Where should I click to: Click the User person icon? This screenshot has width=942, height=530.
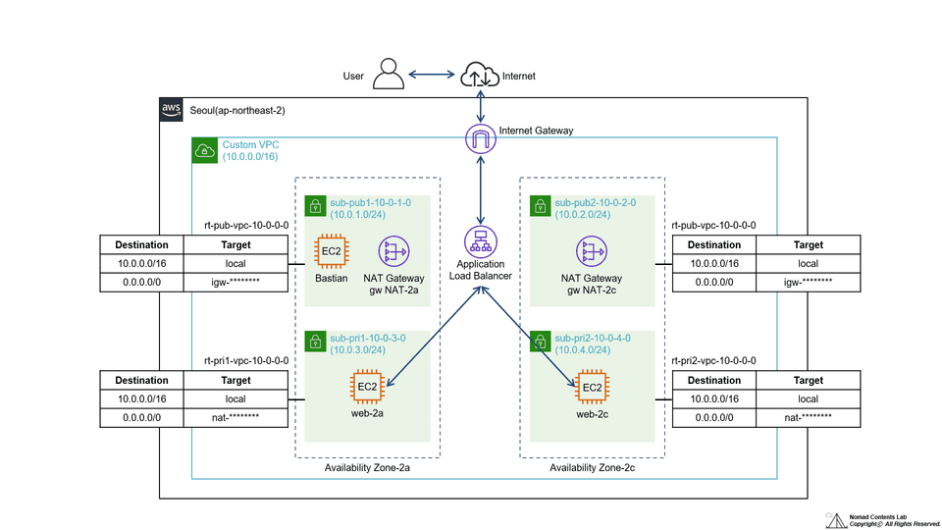[390, 76]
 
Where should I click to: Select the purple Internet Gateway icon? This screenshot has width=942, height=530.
[480, 139]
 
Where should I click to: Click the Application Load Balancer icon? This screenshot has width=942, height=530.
[480, 240]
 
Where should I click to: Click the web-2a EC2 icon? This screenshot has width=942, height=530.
[367, 387]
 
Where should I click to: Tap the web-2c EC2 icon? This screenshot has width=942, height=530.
[592, 387]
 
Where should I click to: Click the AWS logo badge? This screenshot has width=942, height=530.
[171, 110]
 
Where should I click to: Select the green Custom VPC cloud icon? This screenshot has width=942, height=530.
[204, 150]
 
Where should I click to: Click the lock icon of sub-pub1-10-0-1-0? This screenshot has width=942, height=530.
[315, 206]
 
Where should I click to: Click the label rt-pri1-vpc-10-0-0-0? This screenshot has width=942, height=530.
[245, 360]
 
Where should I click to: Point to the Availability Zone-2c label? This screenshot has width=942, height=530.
[592, 467]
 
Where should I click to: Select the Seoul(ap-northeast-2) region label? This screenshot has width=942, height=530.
[236, 110]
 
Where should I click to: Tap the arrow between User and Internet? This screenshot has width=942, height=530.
[432, 76]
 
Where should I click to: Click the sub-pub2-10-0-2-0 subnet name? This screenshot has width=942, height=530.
[595, 202]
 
